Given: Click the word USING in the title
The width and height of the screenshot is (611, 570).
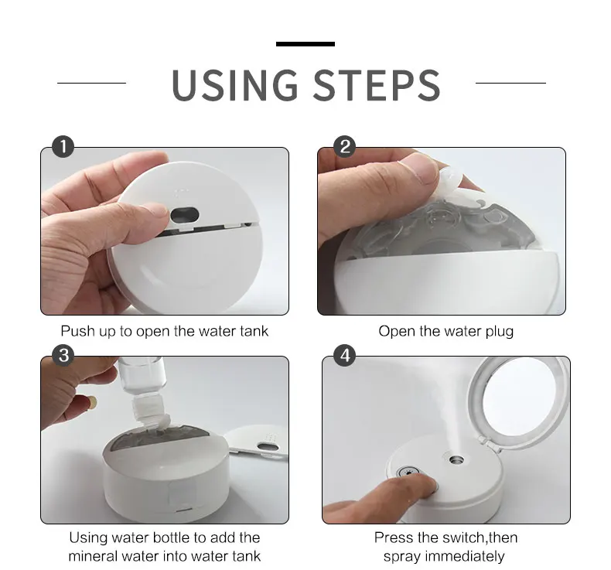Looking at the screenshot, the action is tap(234, 85).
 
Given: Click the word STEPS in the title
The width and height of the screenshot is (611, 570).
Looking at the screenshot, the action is tap(377, 85).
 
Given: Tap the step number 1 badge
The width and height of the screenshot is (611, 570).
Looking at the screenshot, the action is tap(63, 147).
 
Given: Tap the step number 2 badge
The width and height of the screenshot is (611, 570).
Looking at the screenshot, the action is tap(345, 147).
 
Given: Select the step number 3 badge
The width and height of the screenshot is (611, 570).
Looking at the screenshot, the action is tap(63, 355).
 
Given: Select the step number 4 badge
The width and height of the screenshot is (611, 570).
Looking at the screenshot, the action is tap(345, 355).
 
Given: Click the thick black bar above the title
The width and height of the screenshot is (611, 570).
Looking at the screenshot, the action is tap(305, 44).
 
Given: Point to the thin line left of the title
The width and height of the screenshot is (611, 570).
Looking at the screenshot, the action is tap(91, 83).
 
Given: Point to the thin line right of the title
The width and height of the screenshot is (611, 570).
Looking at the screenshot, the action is tap(510, 83).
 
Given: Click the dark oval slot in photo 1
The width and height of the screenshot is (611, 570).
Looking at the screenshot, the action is tap(185, 214).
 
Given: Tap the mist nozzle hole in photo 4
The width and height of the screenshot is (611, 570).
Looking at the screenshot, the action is tap(456, 460).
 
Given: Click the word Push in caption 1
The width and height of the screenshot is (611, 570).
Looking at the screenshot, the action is tap(78, 332).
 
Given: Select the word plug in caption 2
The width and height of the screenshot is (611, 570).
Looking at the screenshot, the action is tap(500, 332).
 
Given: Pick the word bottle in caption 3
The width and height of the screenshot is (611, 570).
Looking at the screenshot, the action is tap(172, 538).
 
